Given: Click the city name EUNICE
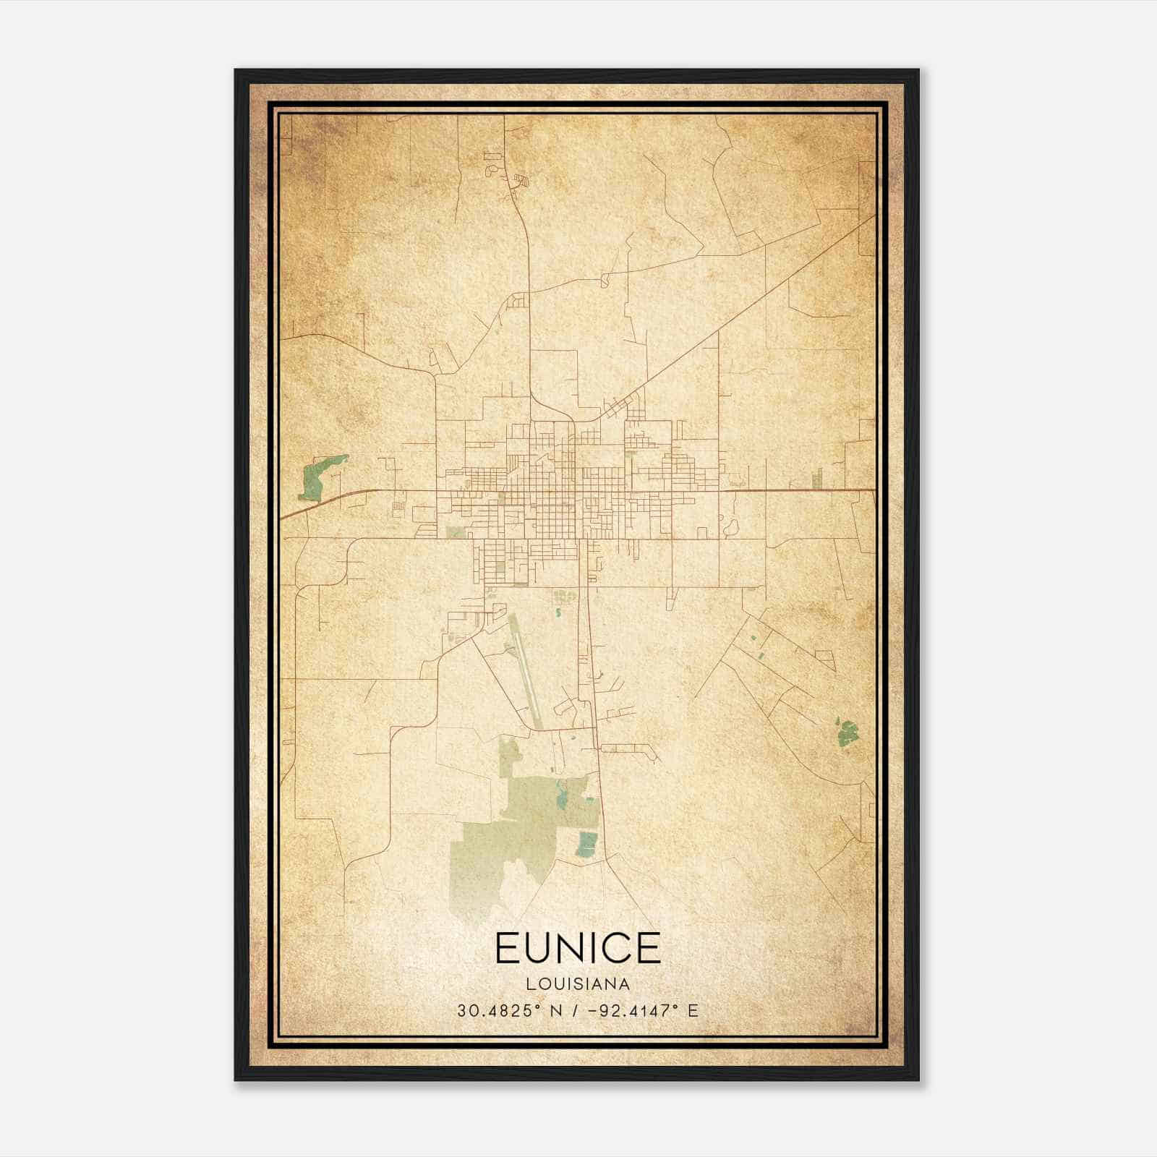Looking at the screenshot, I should point(578,948).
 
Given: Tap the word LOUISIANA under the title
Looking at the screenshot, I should point(578,984).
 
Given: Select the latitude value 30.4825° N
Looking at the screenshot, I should point(499,1010).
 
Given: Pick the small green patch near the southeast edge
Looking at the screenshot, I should point(847,733).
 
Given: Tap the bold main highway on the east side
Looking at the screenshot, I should point(795,490).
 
